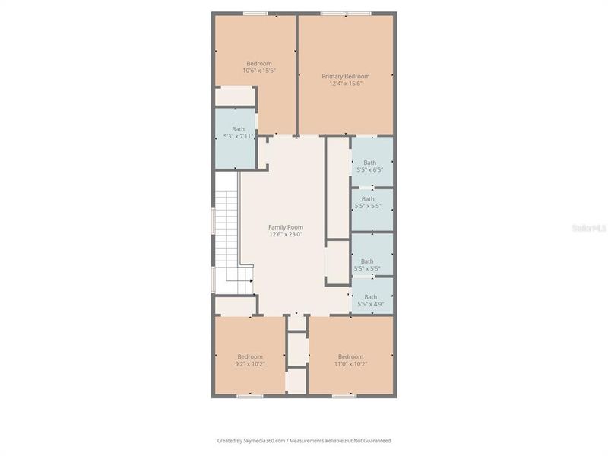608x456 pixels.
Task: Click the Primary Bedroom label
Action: coord(345,76)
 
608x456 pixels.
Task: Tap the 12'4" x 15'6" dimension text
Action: coord(345,84)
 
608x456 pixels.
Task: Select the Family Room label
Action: coord(285,227)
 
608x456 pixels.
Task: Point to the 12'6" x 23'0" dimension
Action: coord(285,235)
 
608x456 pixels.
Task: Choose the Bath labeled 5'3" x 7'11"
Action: coord(238,133)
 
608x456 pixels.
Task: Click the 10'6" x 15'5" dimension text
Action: coord(258,71)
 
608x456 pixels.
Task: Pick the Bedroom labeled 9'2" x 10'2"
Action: coord(249,360)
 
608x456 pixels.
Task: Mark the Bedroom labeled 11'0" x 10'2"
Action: coord(350,360)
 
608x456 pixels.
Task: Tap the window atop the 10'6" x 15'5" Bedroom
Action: coord(255,14)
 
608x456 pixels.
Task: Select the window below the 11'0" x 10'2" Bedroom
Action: coord(344,396)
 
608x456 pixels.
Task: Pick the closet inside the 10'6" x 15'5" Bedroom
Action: coord(235,97)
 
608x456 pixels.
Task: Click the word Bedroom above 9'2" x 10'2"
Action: coord(249,356)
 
